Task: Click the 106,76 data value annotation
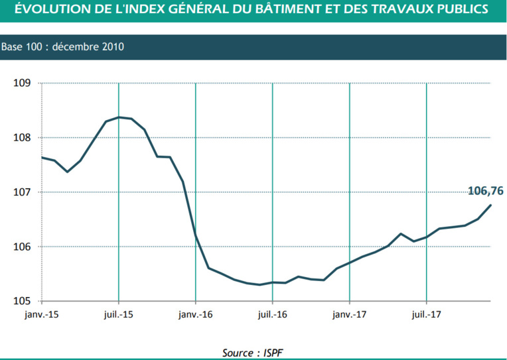pos(485,191)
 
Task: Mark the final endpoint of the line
pos(491,205)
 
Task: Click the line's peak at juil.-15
pos(119,117)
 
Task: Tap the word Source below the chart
pos(240,352)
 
